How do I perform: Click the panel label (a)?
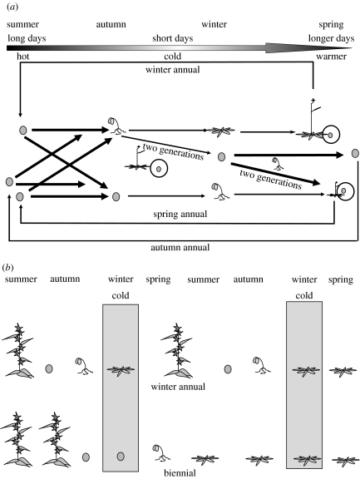pyautogui.click(x=12, y=7)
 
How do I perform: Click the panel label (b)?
pyautogui.click(x=8, y=268)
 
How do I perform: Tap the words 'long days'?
pyautogui.click(x=27, y=38)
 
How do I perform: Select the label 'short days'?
pyautogui.click(x=173, y=38)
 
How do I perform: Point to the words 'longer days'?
pyautogui.click(x=331, y=38)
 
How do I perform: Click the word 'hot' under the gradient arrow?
pyautogui.click(x=23, y=57)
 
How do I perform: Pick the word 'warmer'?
pyautogui.click(x=331, y=57)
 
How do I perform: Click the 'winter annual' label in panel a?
pyautogui.click(x=173, y=70)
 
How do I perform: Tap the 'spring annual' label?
pyautogui.click(x=180, y=214)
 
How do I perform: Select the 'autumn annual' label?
pyautogui.click(x=180, y=247)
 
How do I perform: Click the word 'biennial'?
pyautogui.click(x=180, y=473)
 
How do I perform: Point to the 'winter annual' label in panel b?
pyautogui.click(x=178, y=387)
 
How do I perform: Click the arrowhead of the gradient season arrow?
pyautogui.click(x=308, y=48)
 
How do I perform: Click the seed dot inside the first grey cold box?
pyautogui.click(x=121, y=457)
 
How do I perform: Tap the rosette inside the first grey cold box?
pyautogui.click(x=121, y=370)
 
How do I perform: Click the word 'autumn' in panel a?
pyautogui.click(x=111, y=24)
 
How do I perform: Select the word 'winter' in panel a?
pyautogui.click(x=214, y=24)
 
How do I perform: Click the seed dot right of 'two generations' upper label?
pyautogui.click(x=222, y=156)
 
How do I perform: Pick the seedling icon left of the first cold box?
pyautogui.click(x=84, y=366)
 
